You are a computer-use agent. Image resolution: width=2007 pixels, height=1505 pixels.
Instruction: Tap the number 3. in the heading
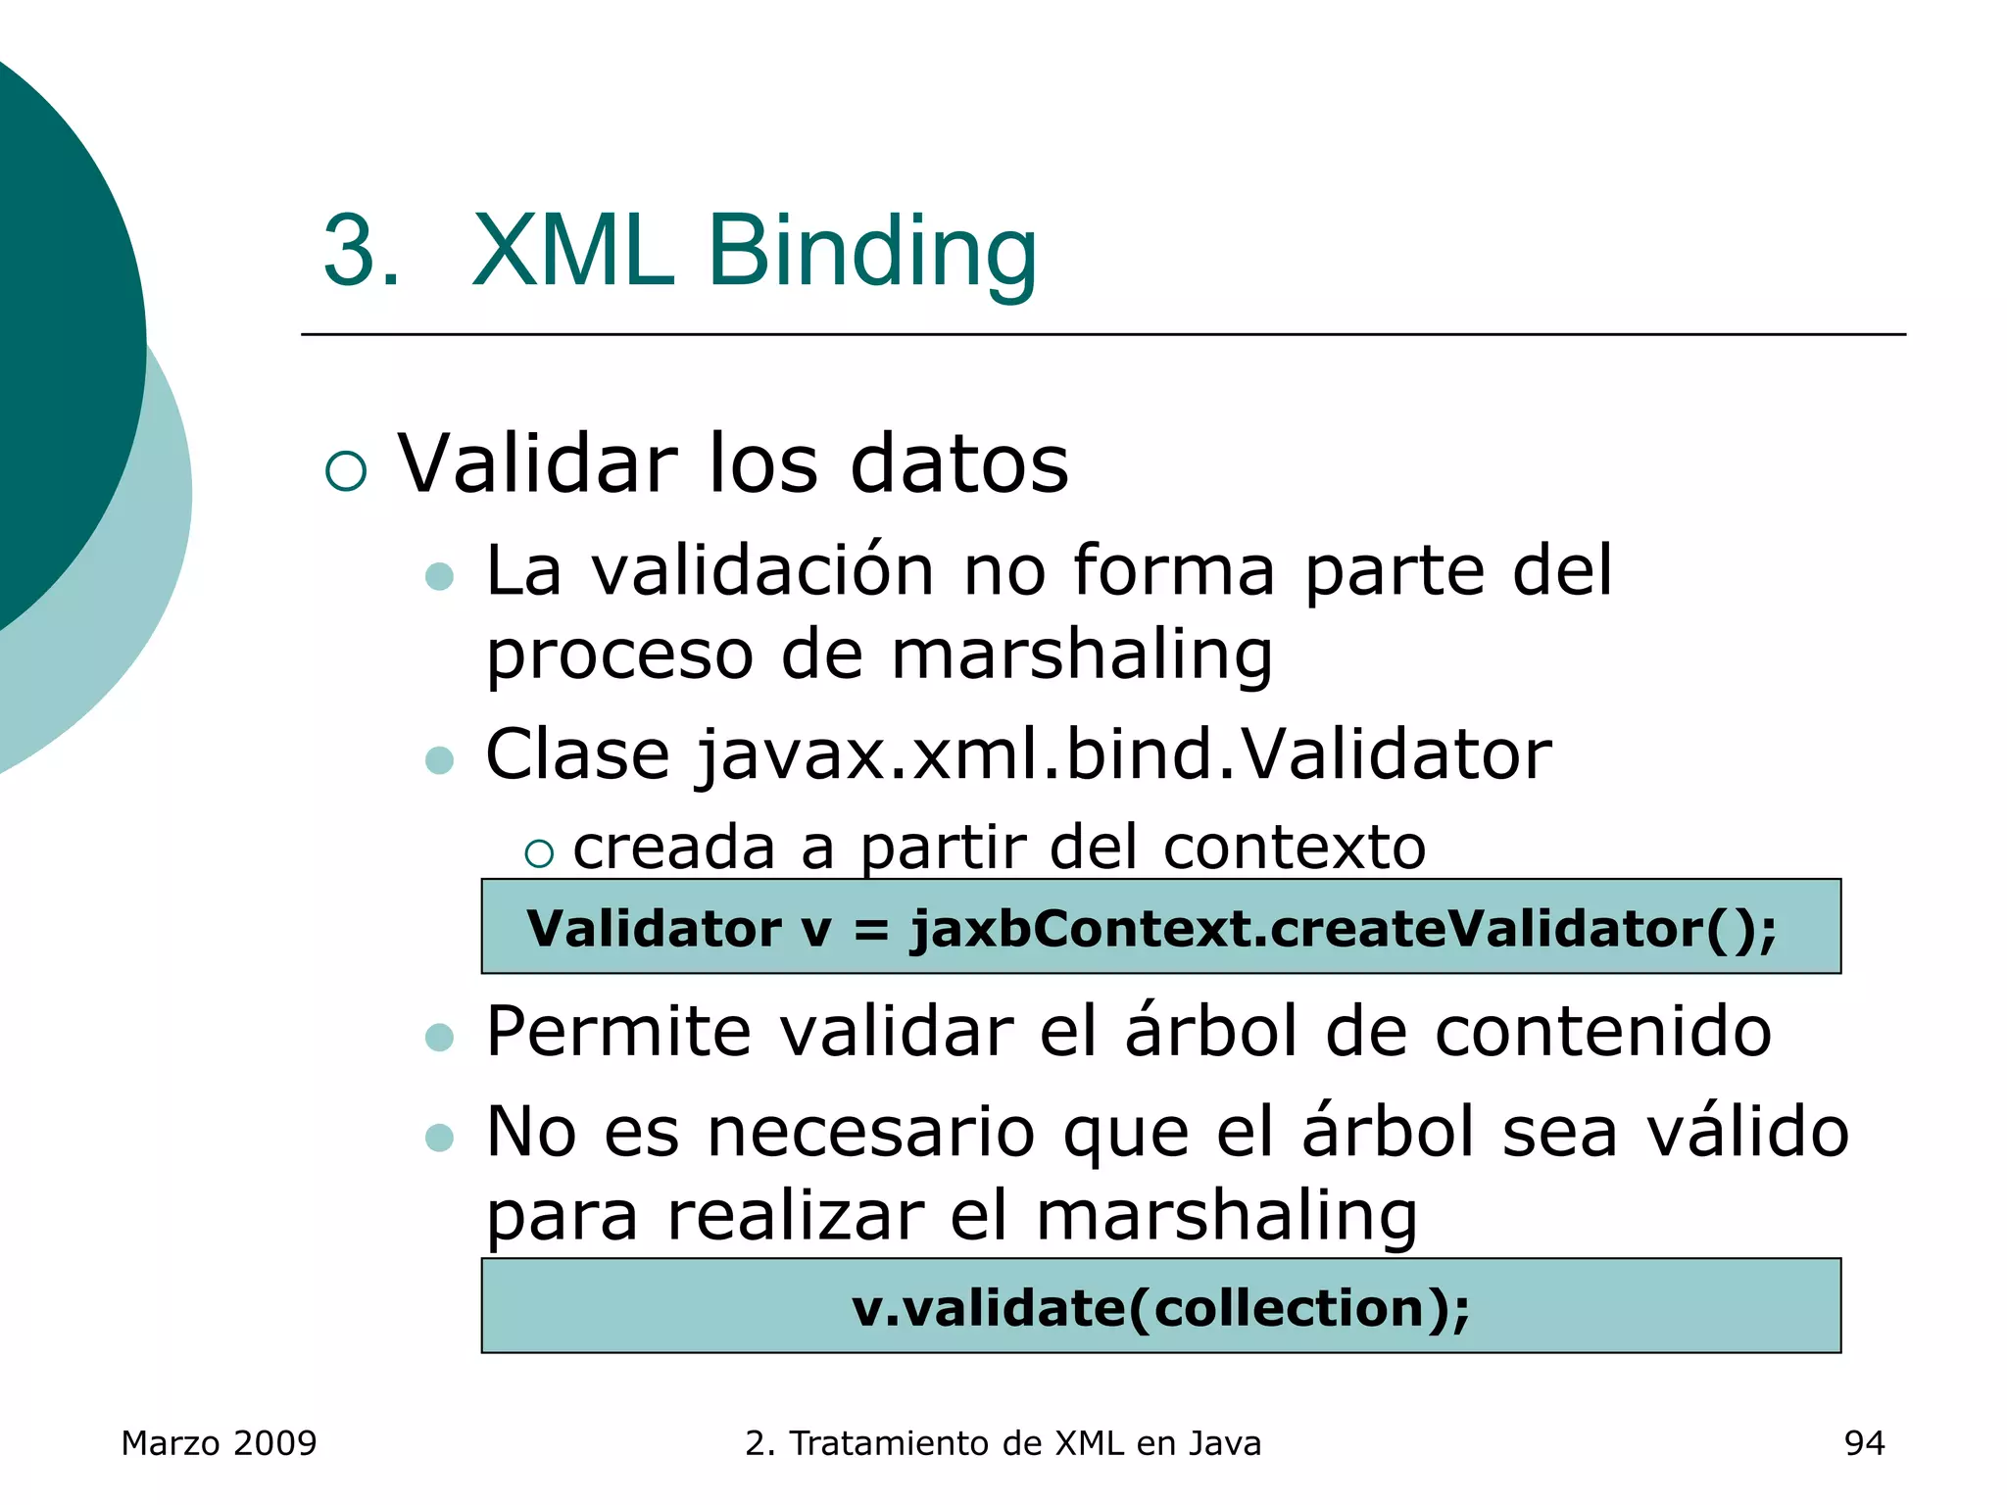coord(361,253)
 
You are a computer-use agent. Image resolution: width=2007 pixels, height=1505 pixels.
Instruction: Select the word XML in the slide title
coord(573,253)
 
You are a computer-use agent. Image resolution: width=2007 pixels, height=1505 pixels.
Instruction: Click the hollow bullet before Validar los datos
coord(346,470)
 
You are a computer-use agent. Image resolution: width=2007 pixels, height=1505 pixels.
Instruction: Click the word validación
coord(763,571)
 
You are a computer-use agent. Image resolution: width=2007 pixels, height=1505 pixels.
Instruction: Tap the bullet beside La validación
coord(440,576)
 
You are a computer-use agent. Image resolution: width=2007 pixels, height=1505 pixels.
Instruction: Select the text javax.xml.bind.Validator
coord(1123,755)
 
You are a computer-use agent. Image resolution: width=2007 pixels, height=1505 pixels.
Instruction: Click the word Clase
coord(577,755)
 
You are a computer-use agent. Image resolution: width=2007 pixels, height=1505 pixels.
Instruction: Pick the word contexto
coord(1294,848)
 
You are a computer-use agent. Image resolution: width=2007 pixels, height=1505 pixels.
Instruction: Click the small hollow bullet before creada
coord(538,854)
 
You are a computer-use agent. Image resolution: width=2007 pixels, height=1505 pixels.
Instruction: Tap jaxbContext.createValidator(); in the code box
coord(1343,928)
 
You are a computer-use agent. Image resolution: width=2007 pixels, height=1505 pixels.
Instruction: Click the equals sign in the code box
coord(871,930)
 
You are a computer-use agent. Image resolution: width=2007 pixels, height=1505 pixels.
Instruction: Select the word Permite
coord(617,1033)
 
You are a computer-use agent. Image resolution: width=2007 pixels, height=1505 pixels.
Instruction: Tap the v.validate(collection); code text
coord(1160,1308)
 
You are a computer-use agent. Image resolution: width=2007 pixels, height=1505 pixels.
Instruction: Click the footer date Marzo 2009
coord(219,1443)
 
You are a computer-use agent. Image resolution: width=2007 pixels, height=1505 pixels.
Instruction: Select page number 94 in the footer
coord(1864,1443)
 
